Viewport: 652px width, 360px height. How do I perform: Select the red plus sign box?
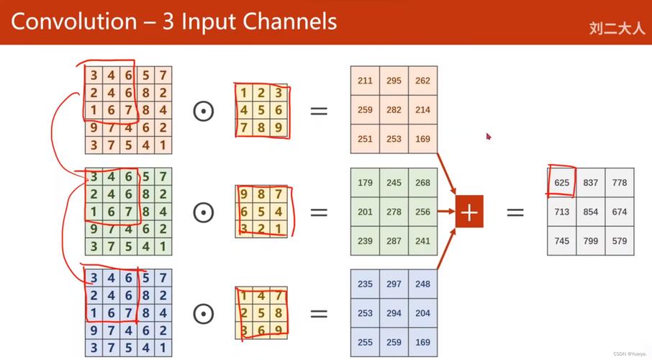click(469, 212)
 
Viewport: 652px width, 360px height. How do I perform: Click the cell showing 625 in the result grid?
click(562, 183)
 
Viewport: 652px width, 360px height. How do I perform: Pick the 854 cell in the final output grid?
click(591, 212)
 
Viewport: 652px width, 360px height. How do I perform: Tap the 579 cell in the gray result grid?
click(620, 241)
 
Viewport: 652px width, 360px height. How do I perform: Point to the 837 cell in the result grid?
click(591, 183)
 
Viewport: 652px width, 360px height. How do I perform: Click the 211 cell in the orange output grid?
click(365, 81)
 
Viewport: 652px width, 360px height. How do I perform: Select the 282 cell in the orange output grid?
click(394, 110)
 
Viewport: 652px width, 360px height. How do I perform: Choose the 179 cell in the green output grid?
click(365, 182)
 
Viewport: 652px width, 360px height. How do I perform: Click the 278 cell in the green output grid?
click(394, 212)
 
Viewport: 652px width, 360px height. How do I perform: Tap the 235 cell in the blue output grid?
click(365, 284)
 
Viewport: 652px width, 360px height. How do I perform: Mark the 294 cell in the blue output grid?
click(394, 313)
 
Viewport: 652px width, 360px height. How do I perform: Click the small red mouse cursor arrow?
click(489, 135)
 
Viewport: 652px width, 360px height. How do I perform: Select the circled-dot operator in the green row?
click(204, 212)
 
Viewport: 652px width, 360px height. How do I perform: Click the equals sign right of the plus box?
click(515, 212)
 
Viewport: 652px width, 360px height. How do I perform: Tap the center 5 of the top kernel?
click(261, 111)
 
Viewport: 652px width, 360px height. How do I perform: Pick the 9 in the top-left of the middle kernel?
click(245, 194)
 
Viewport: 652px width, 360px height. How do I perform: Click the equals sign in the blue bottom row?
click(318, 314)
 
